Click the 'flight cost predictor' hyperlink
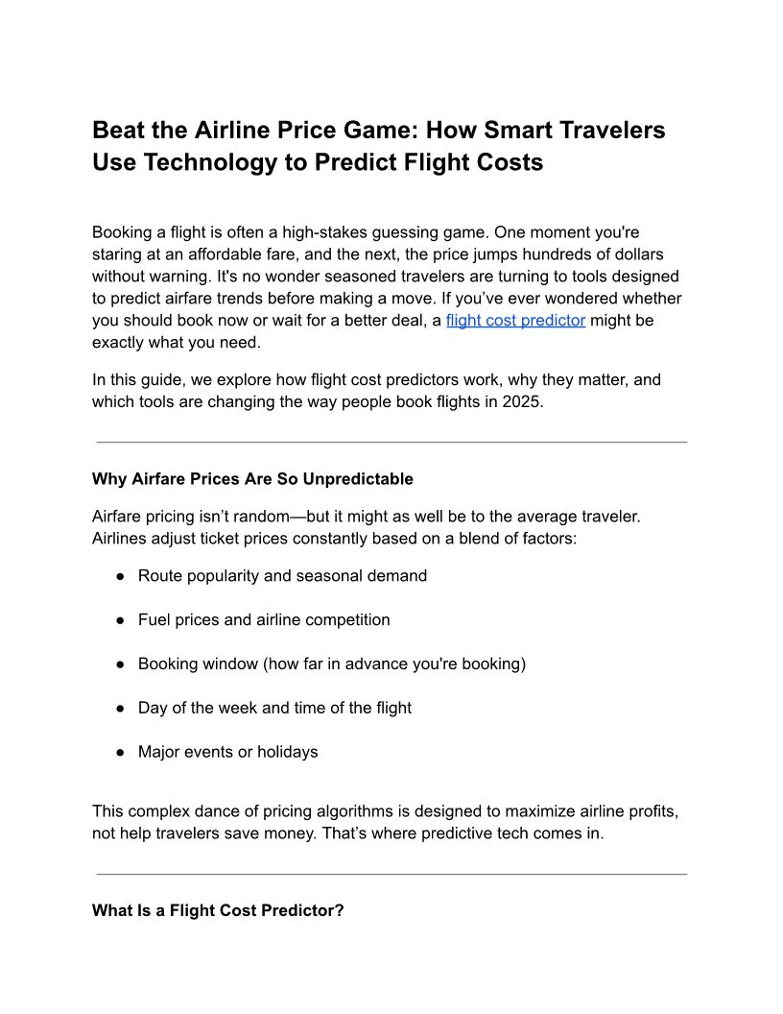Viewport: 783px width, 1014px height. [515, 321]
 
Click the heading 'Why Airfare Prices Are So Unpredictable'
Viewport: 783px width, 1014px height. [252, 479]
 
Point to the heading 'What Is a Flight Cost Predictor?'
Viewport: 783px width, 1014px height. [218, 910]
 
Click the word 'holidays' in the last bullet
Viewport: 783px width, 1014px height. [286, 752]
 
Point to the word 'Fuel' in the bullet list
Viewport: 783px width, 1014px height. [154, 620]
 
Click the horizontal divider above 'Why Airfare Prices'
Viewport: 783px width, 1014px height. [391, 442]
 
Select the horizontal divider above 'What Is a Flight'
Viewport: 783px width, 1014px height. [391, 874]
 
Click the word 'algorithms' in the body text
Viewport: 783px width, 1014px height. [371, 811]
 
